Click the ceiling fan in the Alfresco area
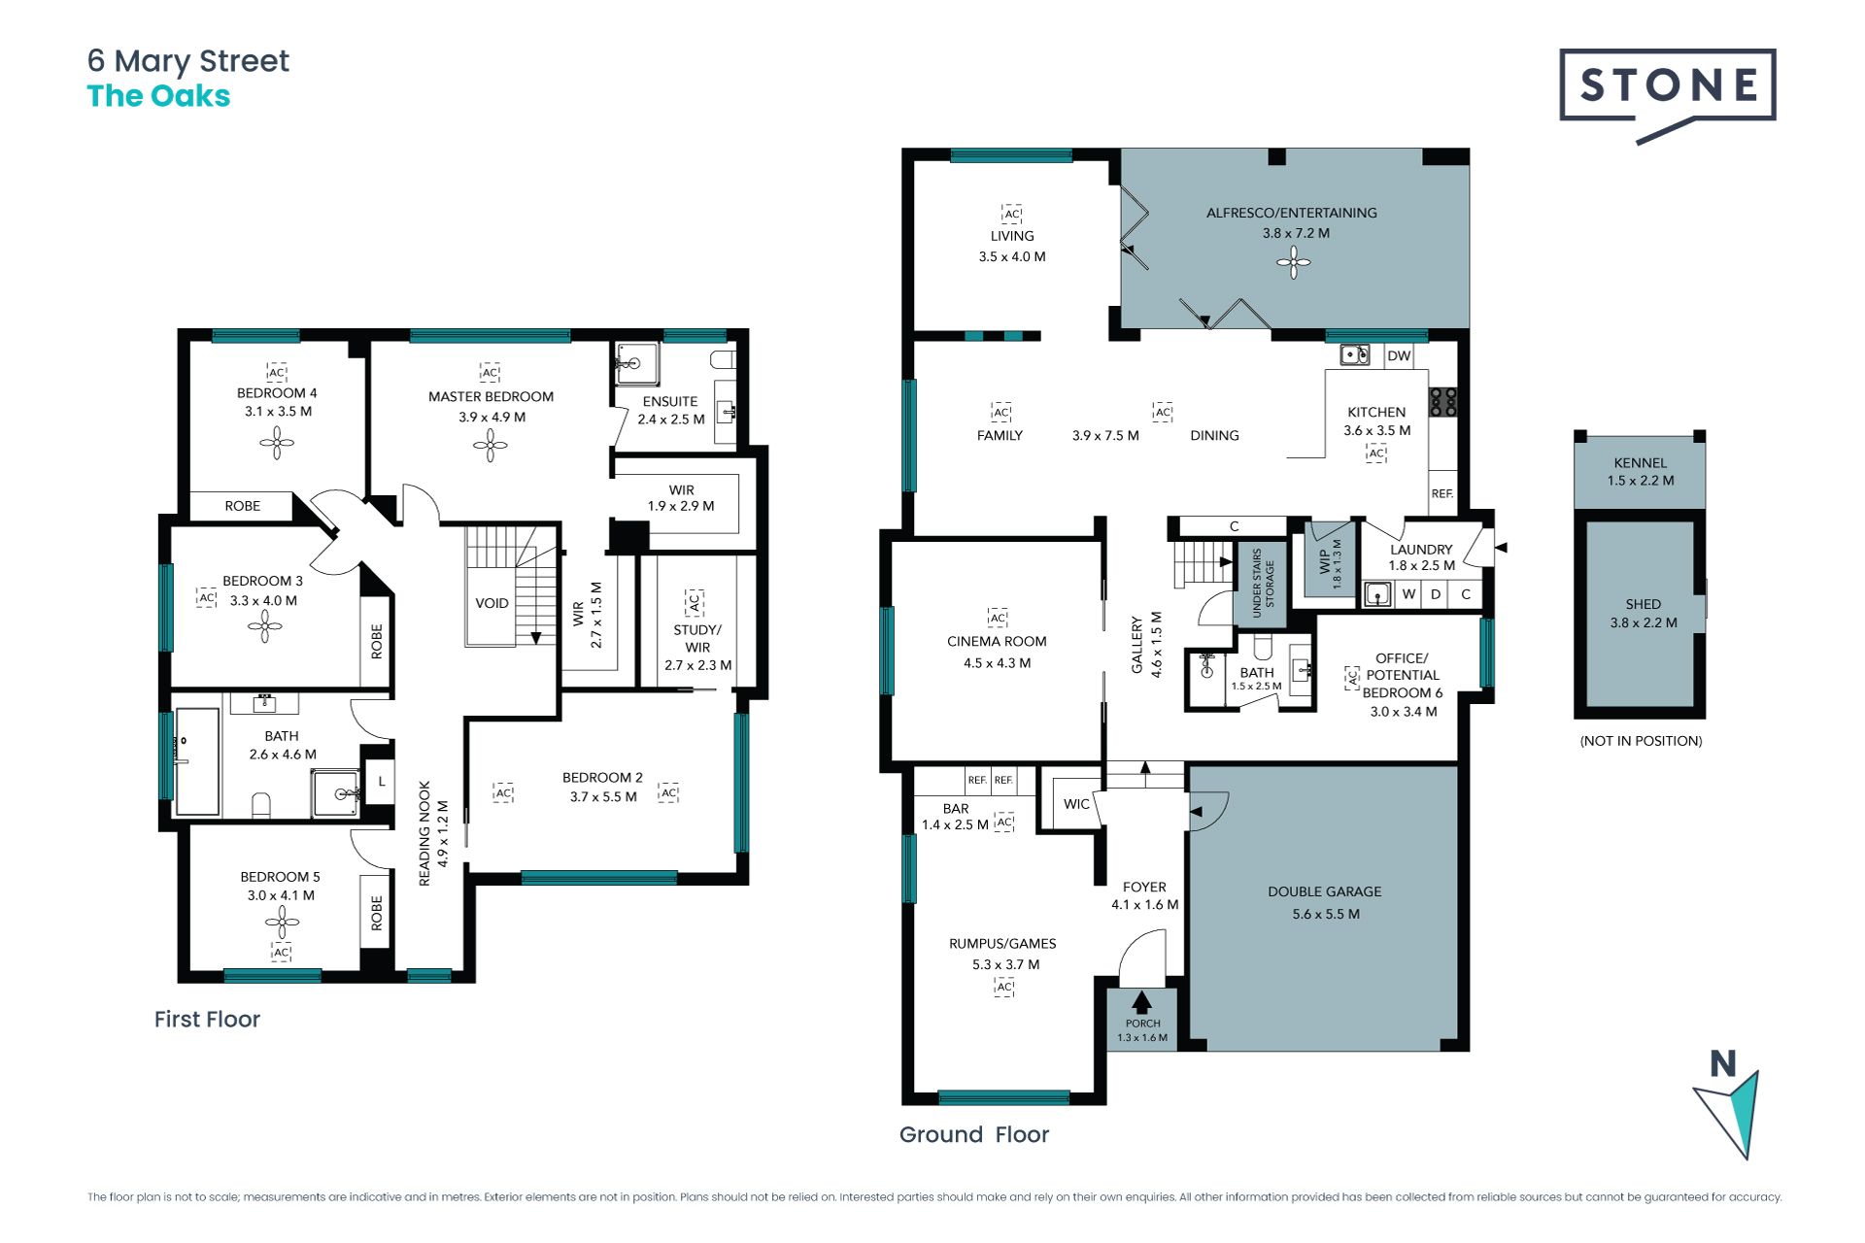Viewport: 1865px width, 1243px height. point(1293,261)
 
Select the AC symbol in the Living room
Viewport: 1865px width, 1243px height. point(1012,214)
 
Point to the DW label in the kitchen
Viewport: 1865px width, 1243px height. point(1399,355)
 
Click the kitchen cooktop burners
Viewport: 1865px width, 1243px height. point(1442,402)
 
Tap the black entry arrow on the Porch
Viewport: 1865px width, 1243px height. point(1142,1002)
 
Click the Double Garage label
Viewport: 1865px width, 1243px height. point(1324,891)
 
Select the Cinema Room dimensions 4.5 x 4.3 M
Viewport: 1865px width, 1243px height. point(997,663)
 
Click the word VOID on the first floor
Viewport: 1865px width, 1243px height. point(492,603)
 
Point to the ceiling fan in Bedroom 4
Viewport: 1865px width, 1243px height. point(277,443)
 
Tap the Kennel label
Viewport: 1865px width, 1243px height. point(1640,463)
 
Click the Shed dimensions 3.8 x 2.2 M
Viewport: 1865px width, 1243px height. point(1643,622)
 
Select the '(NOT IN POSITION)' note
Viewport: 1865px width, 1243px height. point(1641,741)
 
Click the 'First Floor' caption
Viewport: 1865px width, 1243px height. point(207,1019)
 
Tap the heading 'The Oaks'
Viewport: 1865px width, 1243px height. point(158,96)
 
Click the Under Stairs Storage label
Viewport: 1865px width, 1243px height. point(1262,583)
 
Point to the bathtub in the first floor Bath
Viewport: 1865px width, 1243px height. point(197,762)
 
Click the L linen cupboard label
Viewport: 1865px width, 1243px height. point(382,781)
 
